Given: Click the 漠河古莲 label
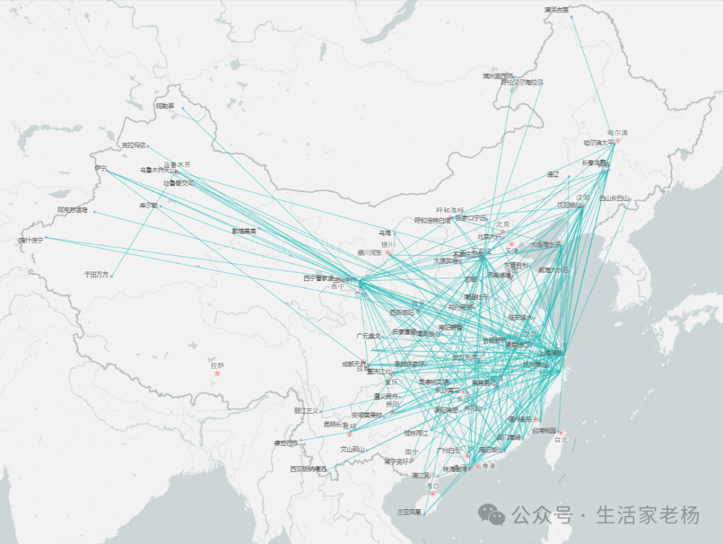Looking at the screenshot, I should click(x=556, y=10).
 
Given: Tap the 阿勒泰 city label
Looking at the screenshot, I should click(x=165, y=106).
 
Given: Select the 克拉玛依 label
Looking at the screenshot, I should click(x=133, y=145).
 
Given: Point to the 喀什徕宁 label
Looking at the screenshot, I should click(x=31, y=240).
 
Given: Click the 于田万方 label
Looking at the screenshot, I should click(x=96, y=274).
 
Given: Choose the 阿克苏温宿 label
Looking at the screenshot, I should click(x=72, y=210).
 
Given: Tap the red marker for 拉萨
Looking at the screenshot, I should click(x=217, y=373).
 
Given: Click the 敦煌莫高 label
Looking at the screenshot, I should click(x=244, y=231).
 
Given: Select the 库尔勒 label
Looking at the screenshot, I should click(x=148, y=205).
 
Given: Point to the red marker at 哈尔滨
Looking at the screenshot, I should click(x=618, y=141).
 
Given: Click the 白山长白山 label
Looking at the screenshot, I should click(x=615, y=198).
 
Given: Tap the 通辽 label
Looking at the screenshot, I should click(x=552, y=175).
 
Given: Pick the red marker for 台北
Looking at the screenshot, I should click(x=561, y=432).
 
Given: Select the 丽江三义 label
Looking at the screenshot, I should click(x=306, y=411).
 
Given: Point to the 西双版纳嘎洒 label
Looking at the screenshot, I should click(x=308, y=469).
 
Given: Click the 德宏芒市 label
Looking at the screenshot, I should click(x=285, y=442).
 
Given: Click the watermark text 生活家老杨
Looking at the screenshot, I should click(x=647, y=515).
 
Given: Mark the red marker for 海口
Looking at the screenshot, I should click(x=432, y=493).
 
